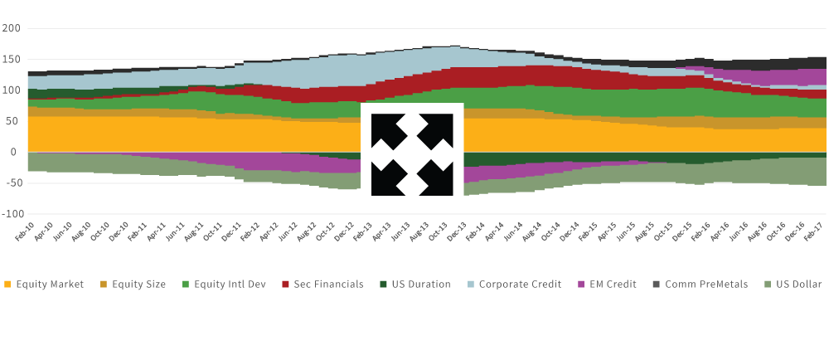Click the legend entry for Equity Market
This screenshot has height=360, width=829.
coord(50,285)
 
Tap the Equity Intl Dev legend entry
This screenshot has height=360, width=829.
coord(230,285)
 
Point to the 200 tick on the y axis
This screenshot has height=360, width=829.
coord(11,28)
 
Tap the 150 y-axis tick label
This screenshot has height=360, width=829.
coord(11,60)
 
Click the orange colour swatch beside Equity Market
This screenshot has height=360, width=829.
coord(7,285)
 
